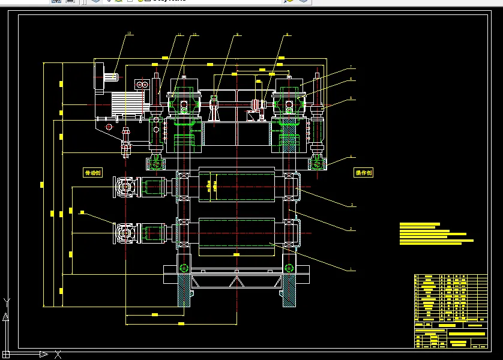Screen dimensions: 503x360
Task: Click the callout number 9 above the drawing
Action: point(238,35)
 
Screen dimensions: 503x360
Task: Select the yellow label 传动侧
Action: point(92,172)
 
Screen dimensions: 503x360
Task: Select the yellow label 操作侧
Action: point(364,172)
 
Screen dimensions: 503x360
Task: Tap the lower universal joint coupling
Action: point(125,233)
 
